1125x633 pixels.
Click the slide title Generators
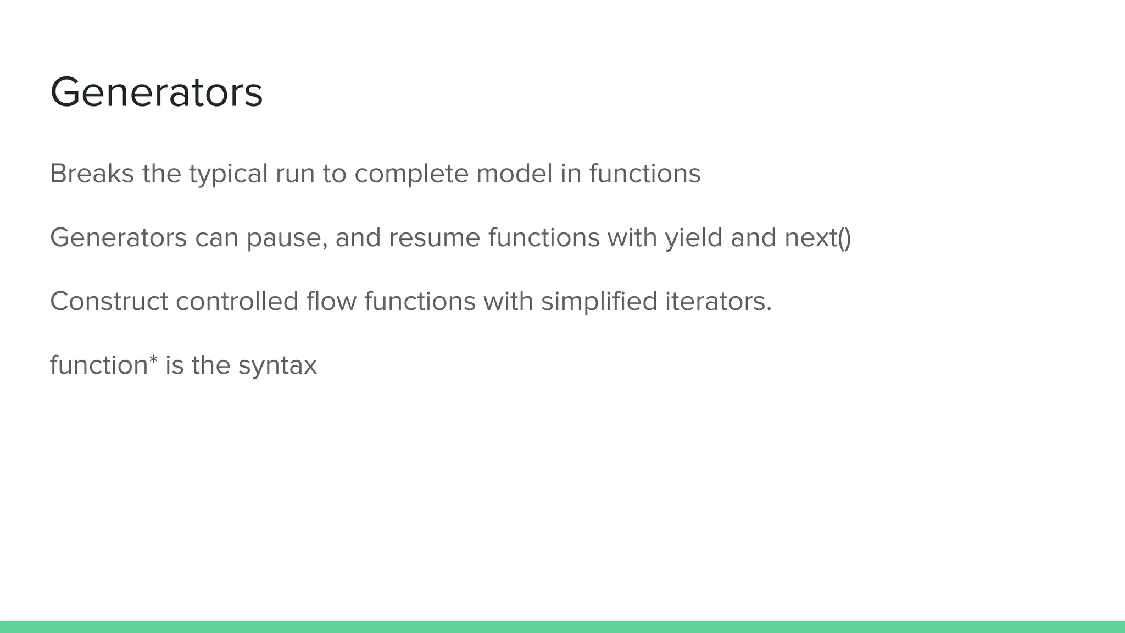tap(157, 92)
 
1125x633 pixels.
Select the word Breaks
tap(92, 174)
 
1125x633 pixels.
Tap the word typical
tap(228, 175)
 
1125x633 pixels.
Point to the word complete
tap(411, 175)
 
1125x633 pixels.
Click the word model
tap(514, 174)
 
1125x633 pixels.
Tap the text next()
tap(818, 238)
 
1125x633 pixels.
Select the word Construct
tap(109, 302)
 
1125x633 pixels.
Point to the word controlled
tap(237, 302)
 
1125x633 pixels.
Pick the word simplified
tap(599, 302)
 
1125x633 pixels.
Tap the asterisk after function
tap(153, 360)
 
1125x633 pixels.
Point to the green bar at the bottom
tap(562, 627)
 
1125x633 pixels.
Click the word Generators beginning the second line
tap(118, 238)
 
